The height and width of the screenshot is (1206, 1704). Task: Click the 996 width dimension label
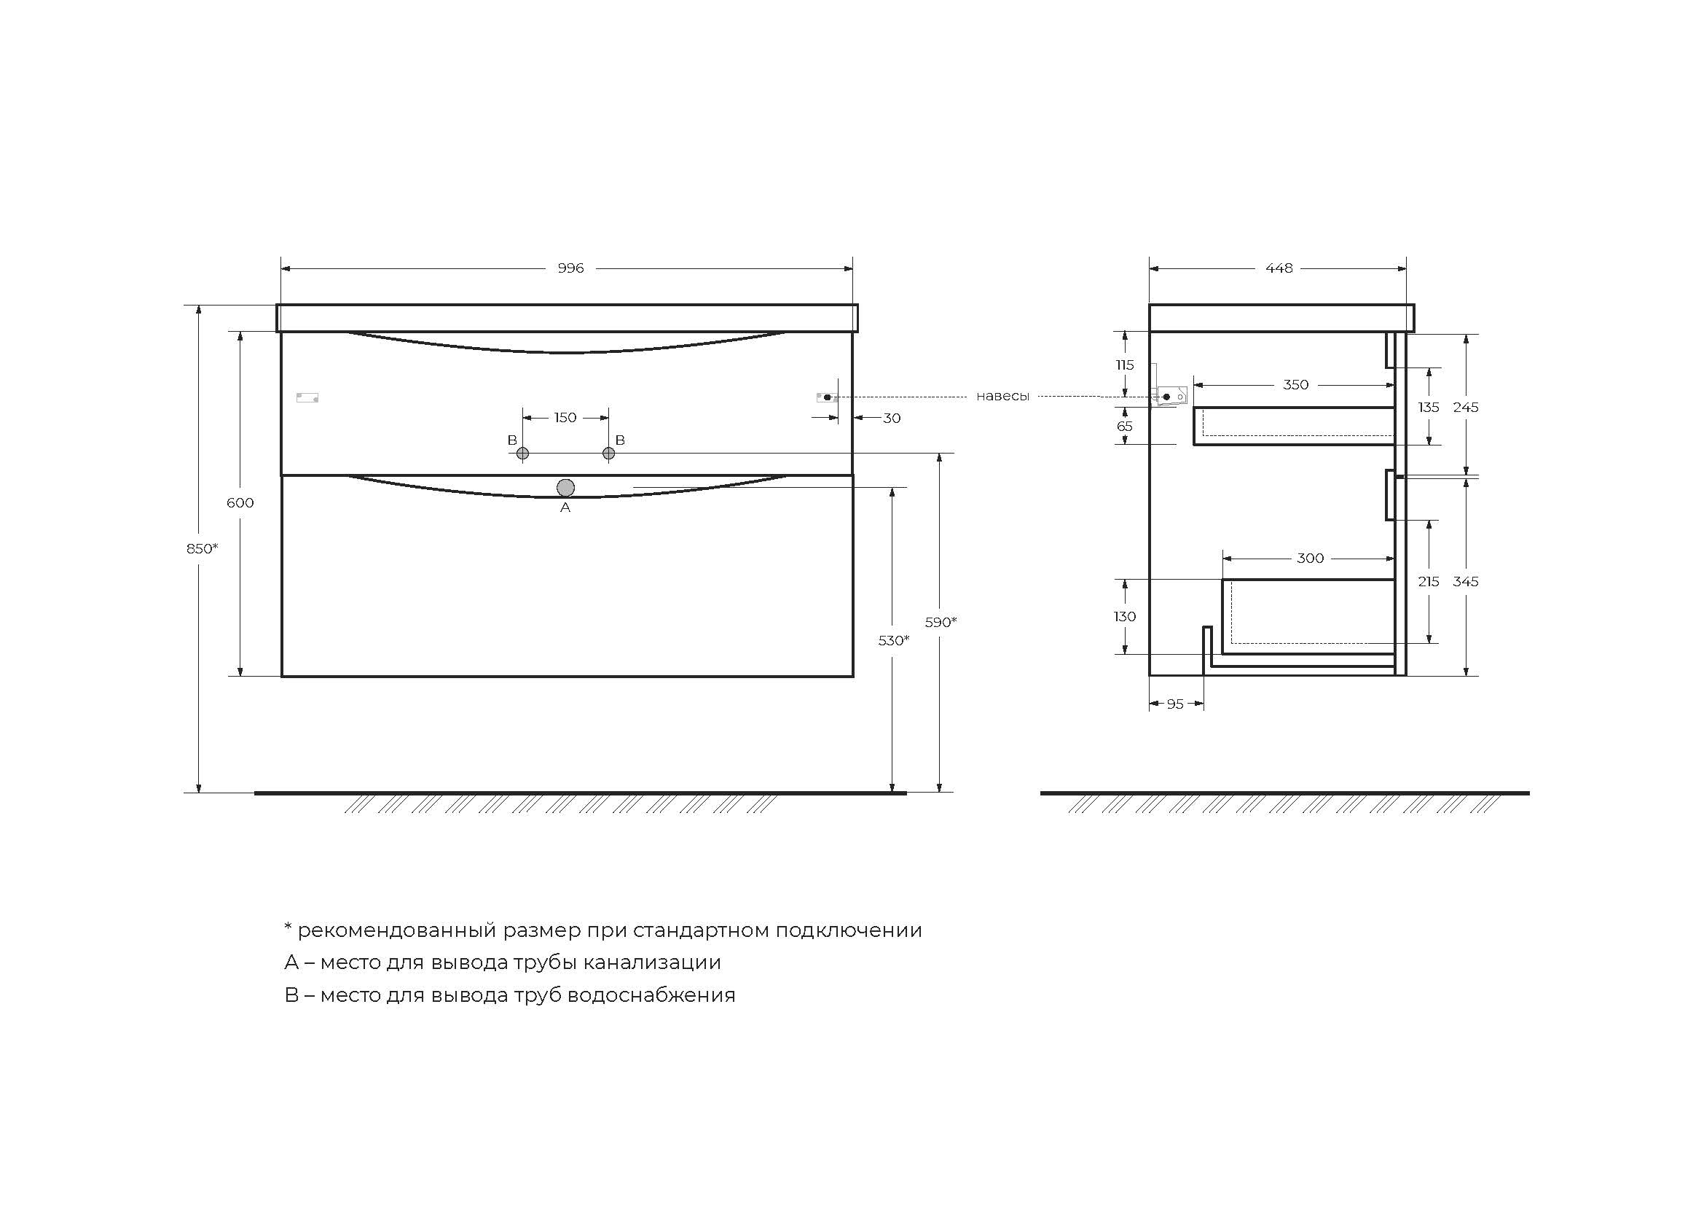click(x=570, y=268)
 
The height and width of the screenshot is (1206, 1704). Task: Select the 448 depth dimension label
click(x=1279, y=268)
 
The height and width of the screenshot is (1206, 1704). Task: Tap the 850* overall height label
click(x=202, y=549)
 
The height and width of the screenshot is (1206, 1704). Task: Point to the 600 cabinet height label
click(x=240, y=503)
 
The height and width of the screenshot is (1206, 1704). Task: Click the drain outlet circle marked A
click(x=565, y=488)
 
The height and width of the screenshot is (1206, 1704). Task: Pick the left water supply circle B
click(x=522, y=453)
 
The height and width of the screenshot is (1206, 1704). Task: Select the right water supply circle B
click(x=608, y=453)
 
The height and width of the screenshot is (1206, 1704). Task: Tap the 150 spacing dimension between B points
click(x=565, y=418)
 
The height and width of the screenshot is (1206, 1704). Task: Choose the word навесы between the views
click(x=1002, y=397)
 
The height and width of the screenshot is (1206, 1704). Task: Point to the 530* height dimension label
click(x=894, y=640)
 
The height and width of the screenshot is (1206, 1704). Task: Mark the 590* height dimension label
click(x=941, y=622)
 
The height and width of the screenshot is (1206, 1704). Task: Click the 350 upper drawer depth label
click(x=1296, y=385)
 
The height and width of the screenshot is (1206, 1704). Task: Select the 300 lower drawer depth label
click(x=1310, y=559)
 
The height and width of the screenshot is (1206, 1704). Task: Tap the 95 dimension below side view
click(x=1175, y=704)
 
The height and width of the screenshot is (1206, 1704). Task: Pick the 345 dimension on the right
click(x=1466, y=581)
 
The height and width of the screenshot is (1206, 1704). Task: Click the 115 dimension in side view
click(x=1124, y=365)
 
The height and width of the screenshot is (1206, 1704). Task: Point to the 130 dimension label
click(x=1124, y=616)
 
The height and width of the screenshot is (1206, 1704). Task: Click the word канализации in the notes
click(x=651, y=962)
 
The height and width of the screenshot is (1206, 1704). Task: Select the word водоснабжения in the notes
click(x=651, y=995)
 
